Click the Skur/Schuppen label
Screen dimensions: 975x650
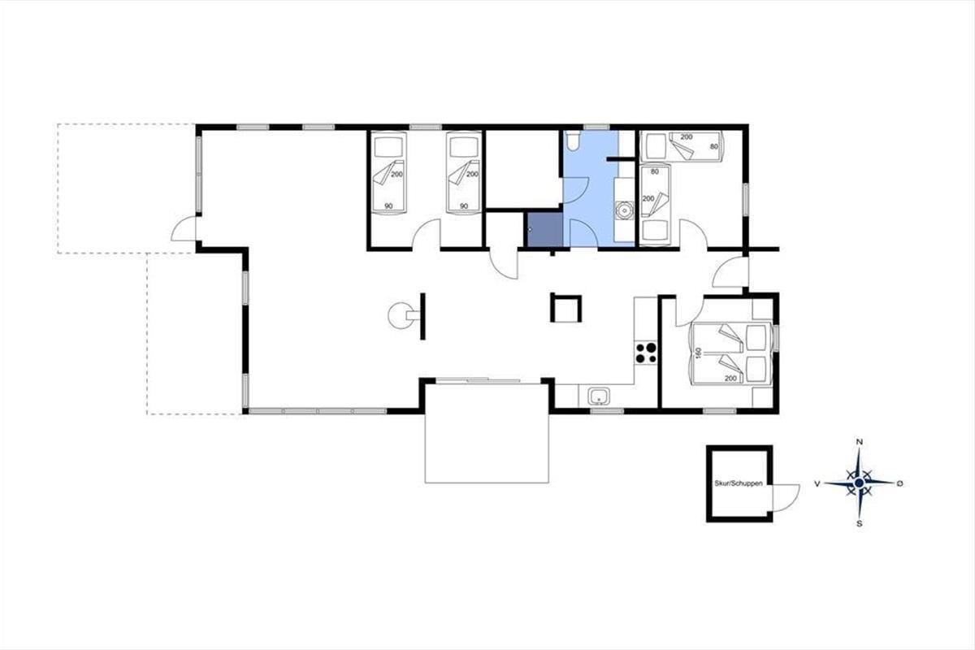[x=739, y=483]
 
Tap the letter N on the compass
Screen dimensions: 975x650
[x=860, y=442]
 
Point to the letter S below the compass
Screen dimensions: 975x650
[x=860, y=524]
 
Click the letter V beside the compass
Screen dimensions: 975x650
[x=817, y=483]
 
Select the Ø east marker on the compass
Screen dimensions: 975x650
[x=900, y=483]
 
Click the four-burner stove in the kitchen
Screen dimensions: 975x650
[x=646, y=353]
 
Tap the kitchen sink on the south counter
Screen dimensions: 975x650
[x=600, y=397]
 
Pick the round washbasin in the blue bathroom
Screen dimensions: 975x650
[x=625, y=210]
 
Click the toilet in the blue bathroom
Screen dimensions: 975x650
[x=572, y=141]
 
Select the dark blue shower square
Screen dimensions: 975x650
[x=545, y=229]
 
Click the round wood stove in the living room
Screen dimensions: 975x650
[x=401, y=315]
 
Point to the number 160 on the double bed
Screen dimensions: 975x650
[x=697, y=353]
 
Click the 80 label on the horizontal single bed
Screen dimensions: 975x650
[x=714, y=147]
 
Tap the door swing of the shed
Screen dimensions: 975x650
[x=786, y=497]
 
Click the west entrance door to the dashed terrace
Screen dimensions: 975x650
[x=184, y=228]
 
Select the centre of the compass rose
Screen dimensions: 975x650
[x=860, y=483]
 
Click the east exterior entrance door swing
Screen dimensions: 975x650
[x=730, y=272]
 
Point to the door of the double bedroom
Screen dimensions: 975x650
[x=690, y=312]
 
